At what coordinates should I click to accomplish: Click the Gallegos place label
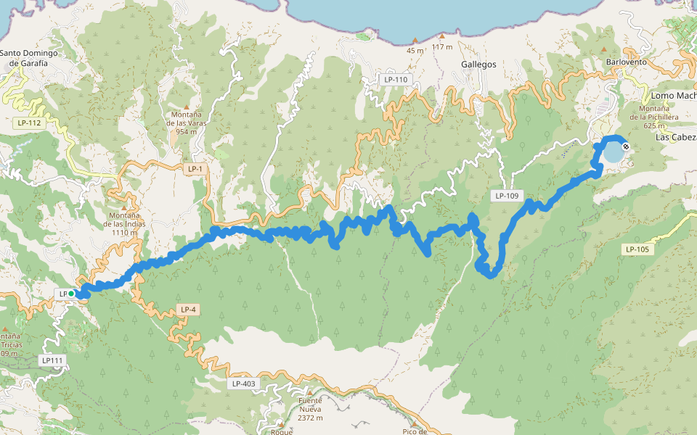[478, 64]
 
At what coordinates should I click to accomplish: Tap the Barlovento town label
[625, 62]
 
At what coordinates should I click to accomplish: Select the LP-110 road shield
[396, 79]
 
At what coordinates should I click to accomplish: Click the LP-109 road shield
[507, 196]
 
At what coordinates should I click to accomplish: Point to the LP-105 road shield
[637, 249]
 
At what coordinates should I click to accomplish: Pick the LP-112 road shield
[30, 123]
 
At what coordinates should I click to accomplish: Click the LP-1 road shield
[194, 169]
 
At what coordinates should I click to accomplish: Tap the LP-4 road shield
[187, 310]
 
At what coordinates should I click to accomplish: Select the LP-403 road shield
[243, 384]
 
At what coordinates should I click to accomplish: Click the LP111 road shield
[53, 360]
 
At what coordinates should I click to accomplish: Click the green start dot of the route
[71, 294]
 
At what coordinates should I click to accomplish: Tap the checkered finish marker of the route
[626, 147]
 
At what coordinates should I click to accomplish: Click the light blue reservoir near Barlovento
[613, 152]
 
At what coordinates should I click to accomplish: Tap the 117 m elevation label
[441, 47]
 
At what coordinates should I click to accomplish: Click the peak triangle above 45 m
[415, 40]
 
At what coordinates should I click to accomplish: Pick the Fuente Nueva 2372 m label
[310, 409]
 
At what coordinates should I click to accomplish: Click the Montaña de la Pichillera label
[653, 116]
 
